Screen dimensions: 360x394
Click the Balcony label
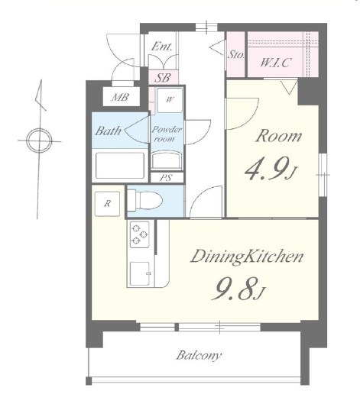pos(199,355)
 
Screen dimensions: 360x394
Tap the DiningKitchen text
pos(247,257)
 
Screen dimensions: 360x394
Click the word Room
pos(279,136)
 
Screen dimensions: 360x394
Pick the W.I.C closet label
pos(275,63)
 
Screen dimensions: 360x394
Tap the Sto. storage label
pos(236,54)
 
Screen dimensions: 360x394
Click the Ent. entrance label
pos(161,47)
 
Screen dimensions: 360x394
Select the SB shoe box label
pos(163,78)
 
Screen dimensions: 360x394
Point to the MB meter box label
pos(121,97)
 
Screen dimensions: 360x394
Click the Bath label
pos(109,131)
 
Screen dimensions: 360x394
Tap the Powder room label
pos(167,134)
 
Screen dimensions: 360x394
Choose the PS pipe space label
pos(166,178)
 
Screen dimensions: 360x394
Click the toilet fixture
pos(144,201)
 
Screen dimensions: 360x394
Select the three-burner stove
pos(139,234)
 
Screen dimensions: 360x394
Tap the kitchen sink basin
pos(140,273)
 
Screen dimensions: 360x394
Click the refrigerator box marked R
pos(107,204)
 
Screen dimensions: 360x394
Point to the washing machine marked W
pos(170,100)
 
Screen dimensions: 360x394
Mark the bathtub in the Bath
pos(120,166)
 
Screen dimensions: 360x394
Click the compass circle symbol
pos(40,140)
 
